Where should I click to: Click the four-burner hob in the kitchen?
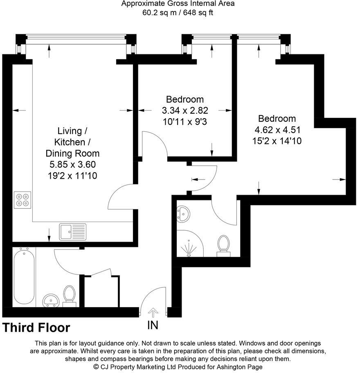click(22, 200)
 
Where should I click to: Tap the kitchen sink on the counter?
click(72, 231)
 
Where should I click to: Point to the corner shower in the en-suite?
click(189, 245)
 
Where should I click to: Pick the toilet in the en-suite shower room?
click(223, 245)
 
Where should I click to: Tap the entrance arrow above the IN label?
click(153, 313)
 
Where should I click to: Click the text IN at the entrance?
click(153, 326)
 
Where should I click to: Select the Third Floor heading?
click(36, 328)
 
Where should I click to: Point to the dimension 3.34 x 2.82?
click(184, 110)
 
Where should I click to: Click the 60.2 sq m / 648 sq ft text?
click(178, 13)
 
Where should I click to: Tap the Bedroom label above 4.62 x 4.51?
click(277, 119)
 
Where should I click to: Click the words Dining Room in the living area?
click(72, 154)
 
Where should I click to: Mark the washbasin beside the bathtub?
click(51, 301)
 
